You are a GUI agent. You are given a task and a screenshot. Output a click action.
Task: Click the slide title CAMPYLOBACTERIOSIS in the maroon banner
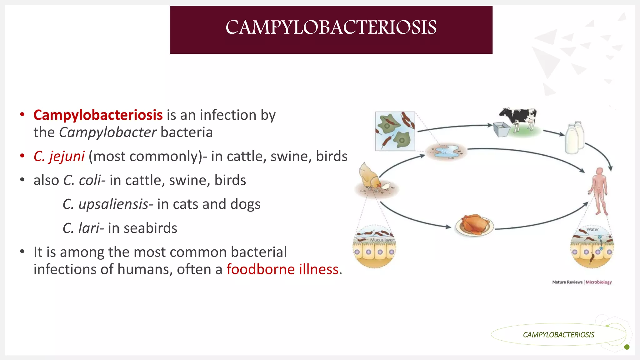coord(331,27)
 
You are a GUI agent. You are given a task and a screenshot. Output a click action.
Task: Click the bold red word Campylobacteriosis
coord(98,115)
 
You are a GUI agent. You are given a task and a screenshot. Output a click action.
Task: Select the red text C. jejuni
coord(59,156)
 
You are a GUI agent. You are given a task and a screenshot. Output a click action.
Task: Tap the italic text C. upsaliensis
coord(105,204)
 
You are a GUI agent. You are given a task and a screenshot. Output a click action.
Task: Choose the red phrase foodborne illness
coord(282,269)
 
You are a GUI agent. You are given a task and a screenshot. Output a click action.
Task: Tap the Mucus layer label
coord(382,240)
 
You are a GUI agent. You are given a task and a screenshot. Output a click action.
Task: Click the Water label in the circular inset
coord(592,229)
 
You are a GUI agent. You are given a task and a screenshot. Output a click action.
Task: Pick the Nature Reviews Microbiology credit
coord(582,282)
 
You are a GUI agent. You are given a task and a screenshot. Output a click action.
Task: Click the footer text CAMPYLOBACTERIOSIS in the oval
coord(558,335)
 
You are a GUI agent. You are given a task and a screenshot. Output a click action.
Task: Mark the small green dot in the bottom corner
coord(627,347)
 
